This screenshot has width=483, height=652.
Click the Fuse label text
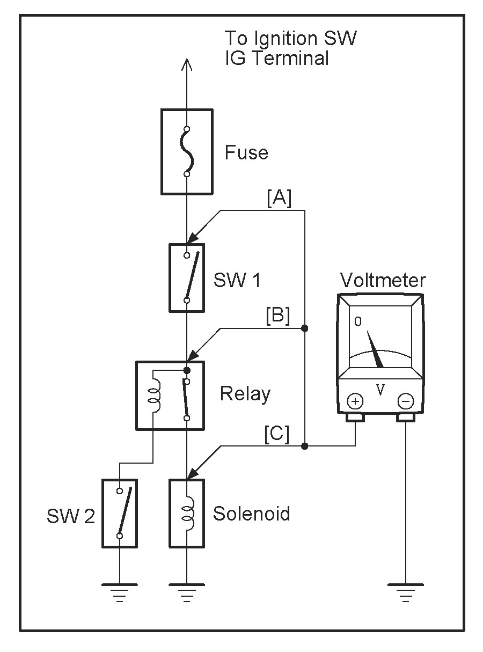tap(246, 152)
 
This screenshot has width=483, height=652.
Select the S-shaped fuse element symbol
tap(187, 151)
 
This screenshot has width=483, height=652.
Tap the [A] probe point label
tap(279, 198)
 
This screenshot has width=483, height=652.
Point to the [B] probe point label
tap(278, 316)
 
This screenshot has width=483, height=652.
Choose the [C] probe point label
tap(276, 434)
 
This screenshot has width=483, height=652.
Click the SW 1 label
tap(237, 280)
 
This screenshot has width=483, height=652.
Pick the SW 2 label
tap(71, 516)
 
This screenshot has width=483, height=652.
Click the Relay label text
tap(245, 394)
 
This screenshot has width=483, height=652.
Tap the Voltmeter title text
tap(383, 280)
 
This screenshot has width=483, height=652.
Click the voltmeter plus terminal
tap(355, 401)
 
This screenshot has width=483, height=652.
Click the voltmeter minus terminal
tap(406, 401)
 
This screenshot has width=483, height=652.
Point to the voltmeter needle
tap(375, 349)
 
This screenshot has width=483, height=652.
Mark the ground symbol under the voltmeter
tap(406, 593)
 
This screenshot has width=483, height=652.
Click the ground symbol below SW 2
tap(119, 593)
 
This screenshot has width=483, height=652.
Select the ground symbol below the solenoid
tap(186, 593)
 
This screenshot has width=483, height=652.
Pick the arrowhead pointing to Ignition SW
tap(186, 65)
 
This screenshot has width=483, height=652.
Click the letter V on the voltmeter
tap(380, 390)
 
